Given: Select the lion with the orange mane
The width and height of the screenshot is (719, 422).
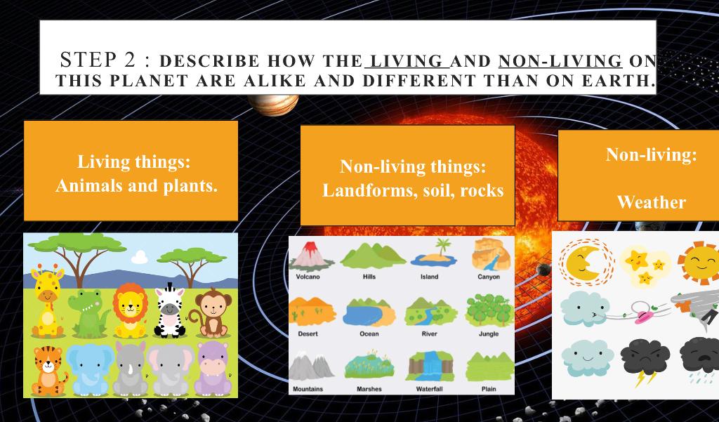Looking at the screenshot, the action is pyautogui.click(x=130, y=310).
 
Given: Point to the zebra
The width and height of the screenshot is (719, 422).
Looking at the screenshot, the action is pyautogui.click(x=170, y=310).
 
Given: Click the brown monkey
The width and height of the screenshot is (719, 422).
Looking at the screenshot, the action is pyautogui.click(x=211, y=312).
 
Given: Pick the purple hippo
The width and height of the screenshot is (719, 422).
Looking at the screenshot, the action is pyautogui.click(x=213, y=369).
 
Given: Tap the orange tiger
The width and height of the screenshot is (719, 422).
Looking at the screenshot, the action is pyautogui.click(x=49, y=371).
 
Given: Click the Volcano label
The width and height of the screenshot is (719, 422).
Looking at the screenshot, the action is pyautogui.click(x=308, y=277).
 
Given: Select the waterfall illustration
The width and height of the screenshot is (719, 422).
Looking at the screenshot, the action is pyautogui.click(x=429, y=366).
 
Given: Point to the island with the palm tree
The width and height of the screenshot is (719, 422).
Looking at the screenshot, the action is pyautogui.click(x=433, y=253).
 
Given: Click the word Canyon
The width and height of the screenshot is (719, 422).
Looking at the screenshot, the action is pyautogui.click(x=489, y=277).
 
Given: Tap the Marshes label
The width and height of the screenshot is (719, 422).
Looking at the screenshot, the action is pyautogui.click(x=369, y=388).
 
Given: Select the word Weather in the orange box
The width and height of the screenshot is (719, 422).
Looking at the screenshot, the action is pyautogui.click(x=651, y=202).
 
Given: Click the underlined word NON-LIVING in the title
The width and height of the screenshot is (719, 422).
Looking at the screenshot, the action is pyautogui.click(x=560, y=60).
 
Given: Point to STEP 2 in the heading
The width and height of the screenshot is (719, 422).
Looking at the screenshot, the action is pyautogui.click(x=98, y=60).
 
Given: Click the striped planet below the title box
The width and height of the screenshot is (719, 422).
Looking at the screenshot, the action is pyautogui.click(x=273, y=105).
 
